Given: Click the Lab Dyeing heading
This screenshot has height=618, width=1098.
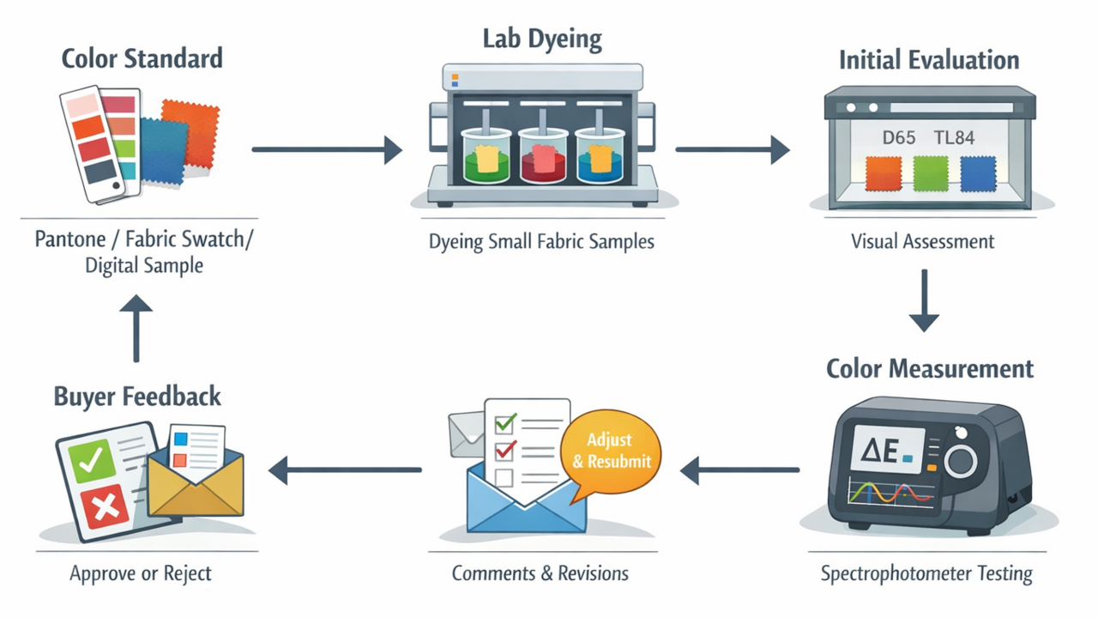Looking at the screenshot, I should [542, 39].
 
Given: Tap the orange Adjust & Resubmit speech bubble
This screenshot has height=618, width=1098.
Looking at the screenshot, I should [610, 451].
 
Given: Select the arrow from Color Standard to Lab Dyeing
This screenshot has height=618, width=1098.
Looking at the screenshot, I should [327, 149].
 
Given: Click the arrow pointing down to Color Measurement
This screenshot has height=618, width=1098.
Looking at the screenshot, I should [924, 301].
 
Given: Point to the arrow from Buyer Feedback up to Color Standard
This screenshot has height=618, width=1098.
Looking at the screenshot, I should [136, 330].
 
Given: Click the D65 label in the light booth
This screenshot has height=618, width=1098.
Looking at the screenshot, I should [898, 137].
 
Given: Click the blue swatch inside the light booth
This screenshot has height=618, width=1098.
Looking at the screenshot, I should [978, 173].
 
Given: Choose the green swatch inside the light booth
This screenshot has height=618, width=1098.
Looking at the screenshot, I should [931, 173].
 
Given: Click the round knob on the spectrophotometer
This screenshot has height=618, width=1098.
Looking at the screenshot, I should [961, 461].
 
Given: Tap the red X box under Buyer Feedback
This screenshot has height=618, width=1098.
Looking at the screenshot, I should [106, 508].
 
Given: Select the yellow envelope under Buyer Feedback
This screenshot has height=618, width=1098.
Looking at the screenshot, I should [196, 485].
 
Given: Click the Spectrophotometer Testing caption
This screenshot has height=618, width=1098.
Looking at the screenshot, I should [926, 573].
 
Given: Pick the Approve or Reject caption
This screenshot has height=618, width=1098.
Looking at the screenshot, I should [141, 573].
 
